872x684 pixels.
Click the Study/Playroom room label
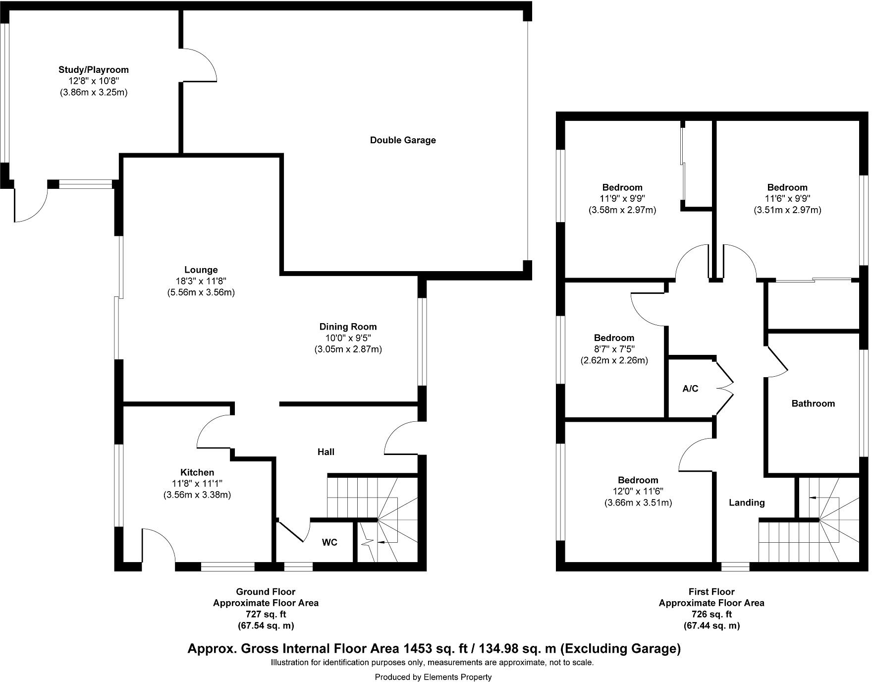94,70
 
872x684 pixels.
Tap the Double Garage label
403,140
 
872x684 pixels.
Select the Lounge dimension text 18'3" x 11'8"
201,281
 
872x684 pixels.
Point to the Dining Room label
348,327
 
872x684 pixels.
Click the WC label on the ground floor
329,542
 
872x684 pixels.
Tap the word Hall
326,452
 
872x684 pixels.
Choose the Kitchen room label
197,472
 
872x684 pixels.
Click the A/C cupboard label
690,389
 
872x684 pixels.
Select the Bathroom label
813,403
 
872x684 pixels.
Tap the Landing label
747,503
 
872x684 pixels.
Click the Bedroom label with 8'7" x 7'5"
614,338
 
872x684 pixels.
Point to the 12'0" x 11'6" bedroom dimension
638,491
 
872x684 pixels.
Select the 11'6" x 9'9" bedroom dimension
787,199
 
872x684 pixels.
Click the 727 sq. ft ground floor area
266,614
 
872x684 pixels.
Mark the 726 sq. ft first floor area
711,614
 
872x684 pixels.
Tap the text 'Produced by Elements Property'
433,677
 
